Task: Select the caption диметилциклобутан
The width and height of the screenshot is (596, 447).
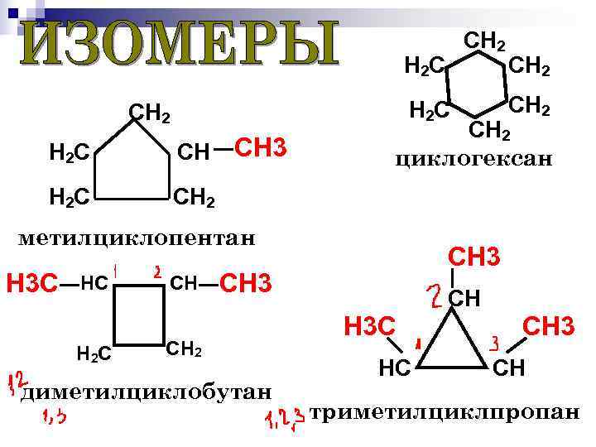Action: (x=147, y=390)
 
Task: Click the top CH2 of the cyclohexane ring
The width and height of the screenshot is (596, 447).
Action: (x=485, y=38)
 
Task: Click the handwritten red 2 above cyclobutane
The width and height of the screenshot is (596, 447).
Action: (x=157, y=271)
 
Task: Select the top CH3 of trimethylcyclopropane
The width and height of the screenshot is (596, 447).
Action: (x=473, y=257)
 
